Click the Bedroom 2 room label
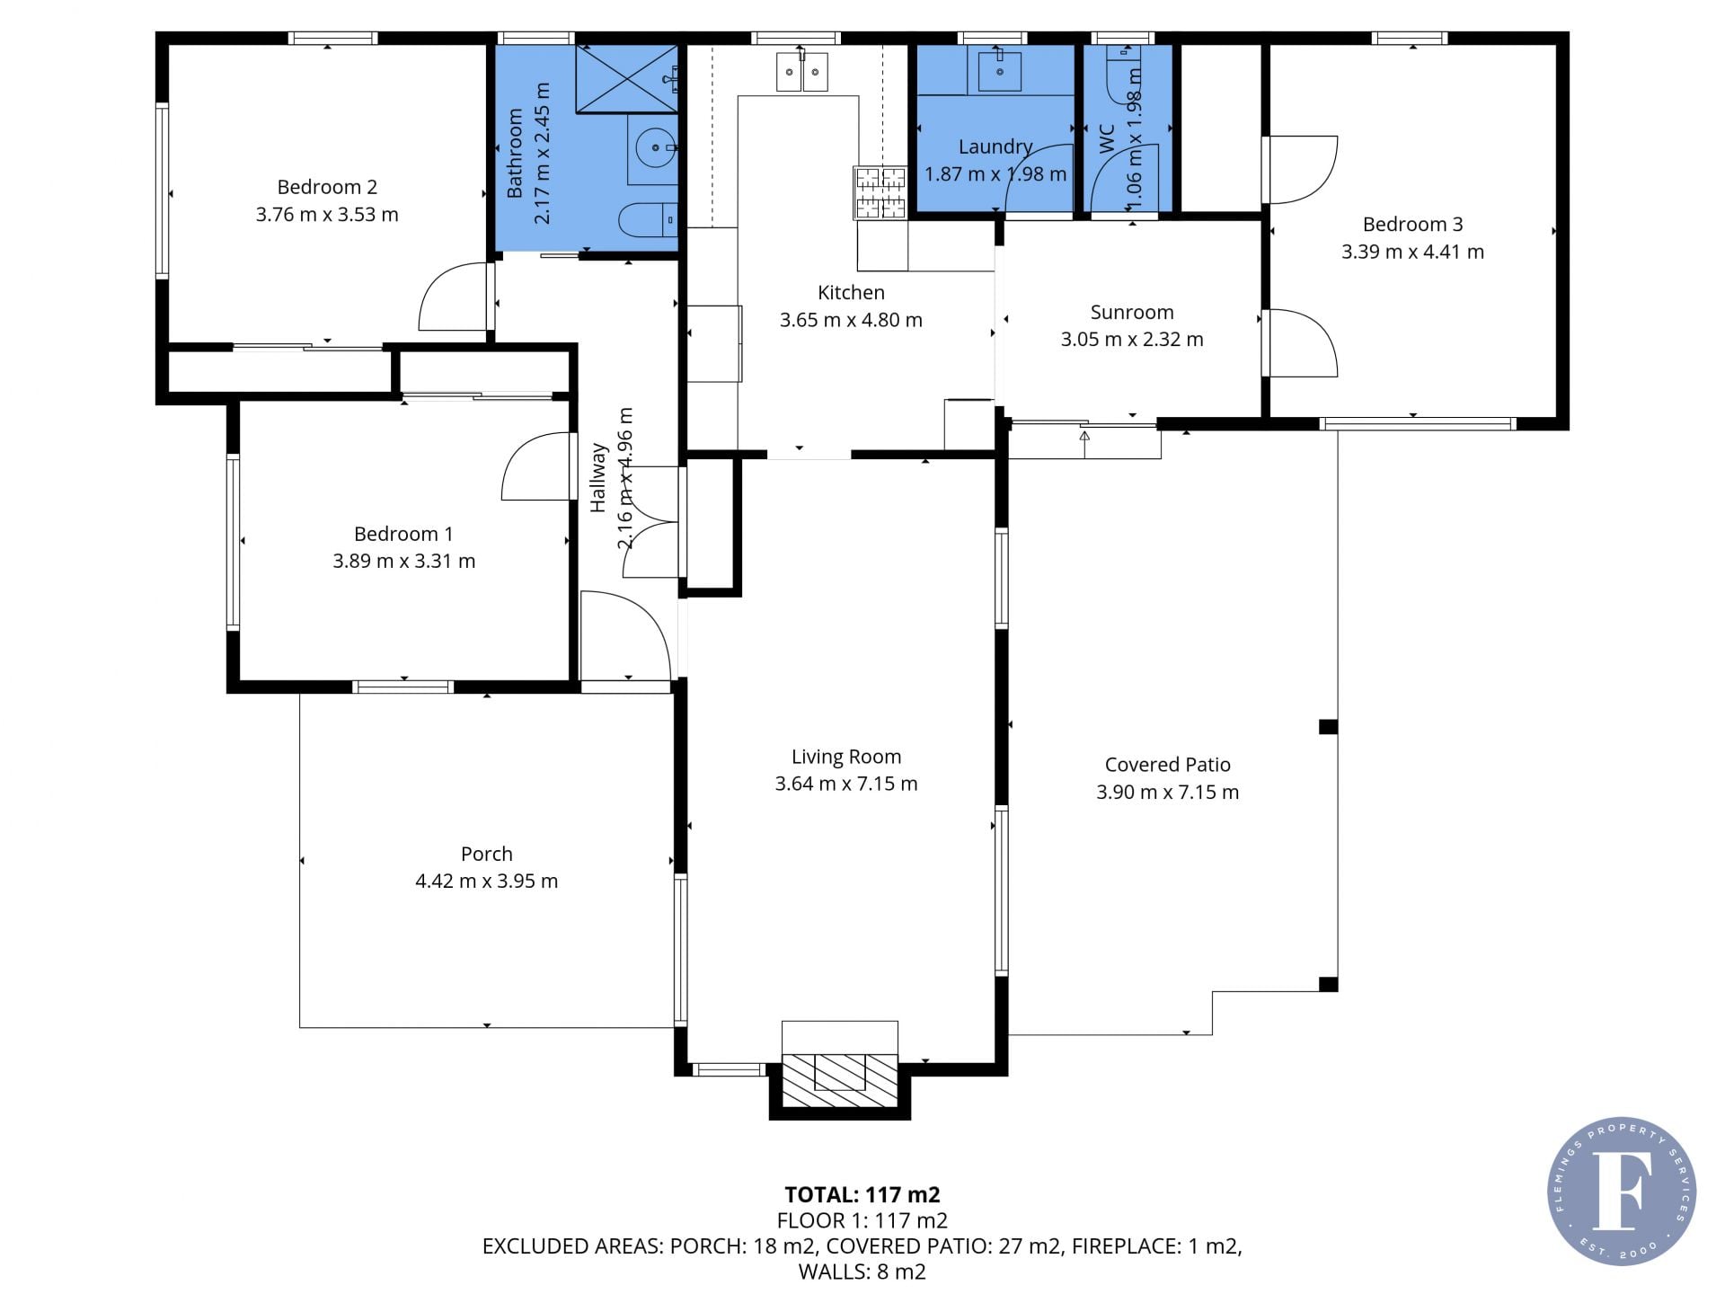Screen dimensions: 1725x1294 click(327, 187)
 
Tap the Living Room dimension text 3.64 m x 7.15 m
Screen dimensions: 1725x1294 click(846, 784)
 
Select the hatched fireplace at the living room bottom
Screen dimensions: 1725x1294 click(840, 1080)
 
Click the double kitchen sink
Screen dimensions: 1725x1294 click(802, 72)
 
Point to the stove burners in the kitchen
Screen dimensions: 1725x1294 click(880, 192)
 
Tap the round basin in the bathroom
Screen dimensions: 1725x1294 click(655, 147)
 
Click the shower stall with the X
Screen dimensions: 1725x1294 click(626, 79)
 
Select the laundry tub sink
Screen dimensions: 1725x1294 click(999, 69)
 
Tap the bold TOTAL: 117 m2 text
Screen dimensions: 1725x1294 click(862, 1194)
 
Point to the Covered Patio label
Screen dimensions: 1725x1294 click(1168, 765)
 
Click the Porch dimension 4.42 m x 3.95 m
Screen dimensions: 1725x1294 click(487, 882)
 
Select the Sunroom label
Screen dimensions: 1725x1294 click(1132, 313)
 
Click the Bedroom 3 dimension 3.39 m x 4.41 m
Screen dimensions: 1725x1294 click(1413, 253)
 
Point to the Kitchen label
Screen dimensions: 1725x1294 click(852, 293)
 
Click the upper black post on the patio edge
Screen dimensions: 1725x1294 click(1329, 727)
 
